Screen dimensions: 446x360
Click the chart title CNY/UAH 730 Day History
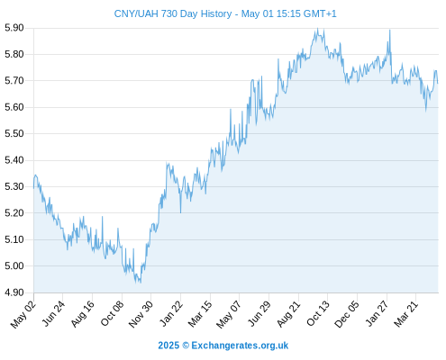(173, 13)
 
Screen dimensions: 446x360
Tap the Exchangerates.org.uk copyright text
(223, 346)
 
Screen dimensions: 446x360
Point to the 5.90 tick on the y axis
(14, 28)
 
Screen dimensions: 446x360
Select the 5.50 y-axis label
(14, 133)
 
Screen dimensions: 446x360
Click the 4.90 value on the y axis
(14, 292)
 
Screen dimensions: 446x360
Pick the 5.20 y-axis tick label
(14, 213)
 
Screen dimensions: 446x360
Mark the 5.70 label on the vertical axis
(14, 81)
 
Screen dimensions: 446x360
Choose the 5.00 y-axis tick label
(14, 265)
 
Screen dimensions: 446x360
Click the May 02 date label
(23, 314)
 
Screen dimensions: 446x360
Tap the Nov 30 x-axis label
(141, 314)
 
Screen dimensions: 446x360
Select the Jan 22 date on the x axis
(171, 313)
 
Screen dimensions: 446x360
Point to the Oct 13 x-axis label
(318, 313)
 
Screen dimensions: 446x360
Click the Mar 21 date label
(405, 313)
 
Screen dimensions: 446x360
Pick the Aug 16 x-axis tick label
(82, 313)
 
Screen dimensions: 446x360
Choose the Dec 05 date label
(347, 314)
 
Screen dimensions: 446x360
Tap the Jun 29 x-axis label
(259, 313)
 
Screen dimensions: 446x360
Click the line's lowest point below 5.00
(141, 283)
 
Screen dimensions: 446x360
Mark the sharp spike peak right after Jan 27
(390, 30)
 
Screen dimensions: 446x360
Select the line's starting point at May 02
(33, 188)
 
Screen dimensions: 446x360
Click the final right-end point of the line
(438, 83)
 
